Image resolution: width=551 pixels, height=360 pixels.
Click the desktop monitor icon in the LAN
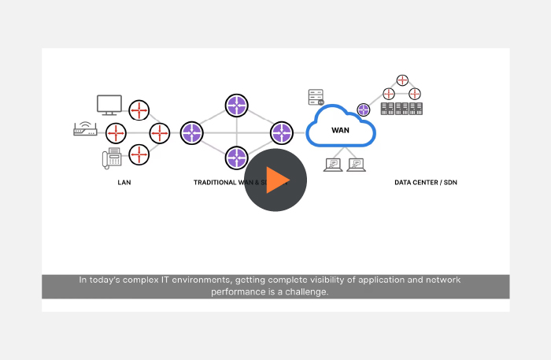109,105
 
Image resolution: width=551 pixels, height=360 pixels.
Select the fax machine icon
111,157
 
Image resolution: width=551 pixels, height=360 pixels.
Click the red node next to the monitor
139,109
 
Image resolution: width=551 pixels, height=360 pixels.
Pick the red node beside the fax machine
139,154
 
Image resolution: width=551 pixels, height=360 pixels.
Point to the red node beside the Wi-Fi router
116,132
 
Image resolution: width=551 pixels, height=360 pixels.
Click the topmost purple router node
237,106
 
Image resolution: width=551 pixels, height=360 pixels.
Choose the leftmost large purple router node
192,132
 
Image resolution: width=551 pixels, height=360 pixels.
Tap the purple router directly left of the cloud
282,132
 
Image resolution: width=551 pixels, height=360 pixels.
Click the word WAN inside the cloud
340,130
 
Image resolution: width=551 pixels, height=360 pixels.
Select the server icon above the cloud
316,97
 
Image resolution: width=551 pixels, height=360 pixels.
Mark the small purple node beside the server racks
364,109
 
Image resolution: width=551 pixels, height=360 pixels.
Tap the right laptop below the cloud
357,165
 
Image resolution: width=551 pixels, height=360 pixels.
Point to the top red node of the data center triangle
403,80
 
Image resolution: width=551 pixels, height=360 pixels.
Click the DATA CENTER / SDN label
426,183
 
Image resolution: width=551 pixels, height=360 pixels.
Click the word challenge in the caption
303,291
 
